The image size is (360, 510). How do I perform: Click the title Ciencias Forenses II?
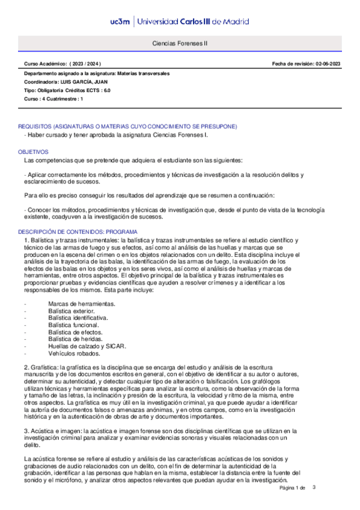coord(180,44)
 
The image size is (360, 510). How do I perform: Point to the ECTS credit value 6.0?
coord(107,90)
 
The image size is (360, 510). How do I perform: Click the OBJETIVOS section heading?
coord(32,153)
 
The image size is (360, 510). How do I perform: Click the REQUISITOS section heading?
coord(127,126)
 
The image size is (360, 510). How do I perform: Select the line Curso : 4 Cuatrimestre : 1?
coord(53,99)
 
